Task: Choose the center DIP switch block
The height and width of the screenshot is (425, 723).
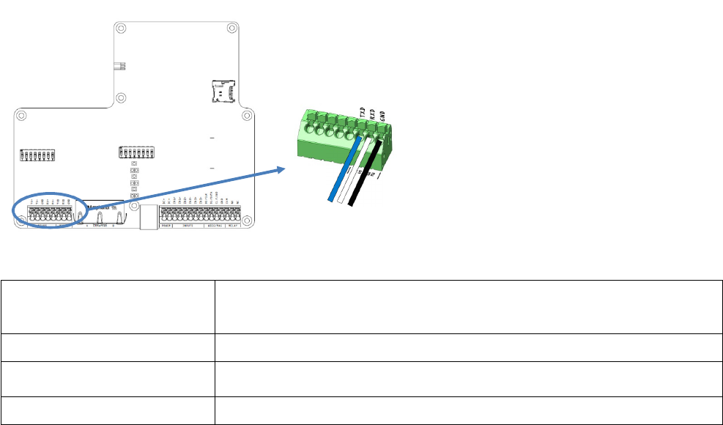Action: [x=137, y=153]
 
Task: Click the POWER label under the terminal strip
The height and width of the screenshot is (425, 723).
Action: [x=167, y=226]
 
